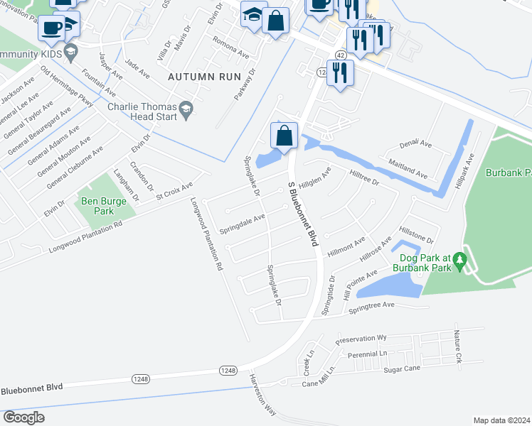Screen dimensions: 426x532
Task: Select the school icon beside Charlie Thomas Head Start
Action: click(186, 108)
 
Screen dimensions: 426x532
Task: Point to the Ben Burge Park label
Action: click(103, 207)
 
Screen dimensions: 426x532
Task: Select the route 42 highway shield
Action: click(342, 55)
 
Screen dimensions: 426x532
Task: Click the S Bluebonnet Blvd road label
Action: click(302, 214)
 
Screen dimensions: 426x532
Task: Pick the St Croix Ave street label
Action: click(174, 190)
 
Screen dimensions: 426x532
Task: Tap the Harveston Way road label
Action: click(261, 395)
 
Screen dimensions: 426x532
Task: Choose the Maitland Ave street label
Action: click(408, 169)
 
